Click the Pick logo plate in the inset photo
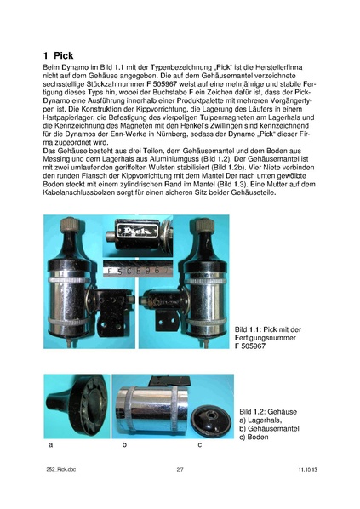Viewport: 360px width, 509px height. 137,230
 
